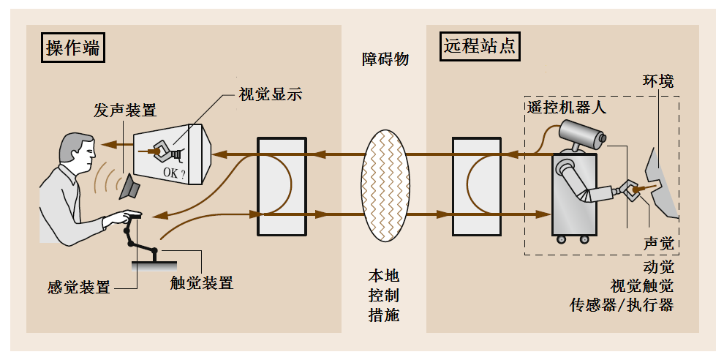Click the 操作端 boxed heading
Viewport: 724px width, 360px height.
(x=72, y=48)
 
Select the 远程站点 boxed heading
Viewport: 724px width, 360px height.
(x=480, y=47)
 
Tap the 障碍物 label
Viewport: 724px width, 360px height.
(x=385, y=59)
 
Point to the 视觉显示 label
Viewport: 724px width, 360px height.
(x=271, y=94)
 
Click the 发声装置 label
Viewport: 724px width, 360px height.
(x=124, y=110)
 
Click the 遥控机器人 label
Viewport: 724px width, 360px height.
(x=567, y=108)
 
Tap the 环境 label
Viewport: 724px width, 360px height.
(x=658, y=80)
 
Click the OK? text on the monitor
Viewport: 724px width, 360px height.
(x=173, y=173)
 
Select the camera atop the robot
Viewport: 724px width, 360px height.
(x=582, y=135)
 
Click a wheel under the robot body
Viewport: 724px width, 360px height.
(x=561, y=239)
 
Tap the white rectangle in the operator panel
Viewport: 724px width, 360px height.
(x=281, y=186)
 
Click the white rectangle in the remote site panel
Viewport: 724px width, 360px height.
(x=477, y=186)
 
